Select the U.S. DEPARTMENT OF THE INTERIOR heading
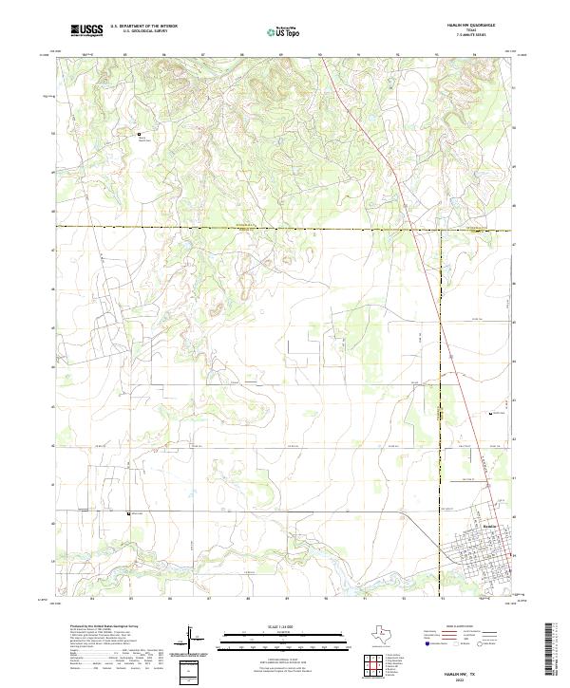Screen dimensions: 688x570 coord(143,26)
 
